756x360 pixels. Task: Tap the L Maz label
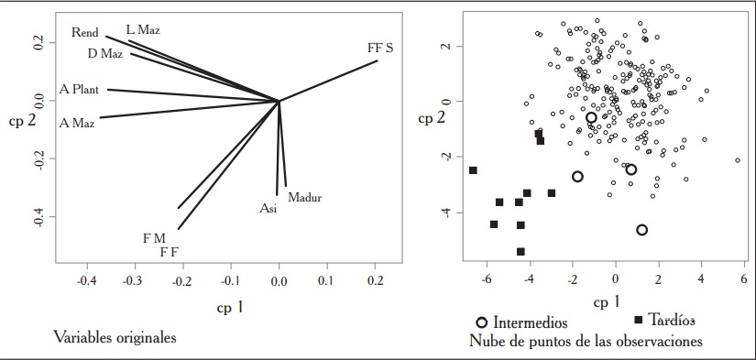click(143, 30)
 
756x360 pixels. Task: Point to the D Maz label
click(105, 53)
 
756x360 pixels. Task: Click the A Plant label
click(79, 90)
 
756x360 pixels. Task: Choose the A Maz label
click(76, 122)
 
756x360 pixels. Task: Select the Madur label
click(305, 197)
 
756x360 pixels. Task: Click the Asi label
click(268, 209)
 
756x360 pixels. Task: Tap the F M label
click(154, 238)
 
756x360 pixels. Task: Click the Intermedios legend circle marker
click(482, 322)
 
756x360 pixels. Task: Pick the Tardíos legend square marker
click(638, 319)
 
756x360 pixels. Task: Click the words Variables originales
click(115, 337)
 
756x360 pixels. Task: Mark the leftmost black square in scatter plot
click(473, 170)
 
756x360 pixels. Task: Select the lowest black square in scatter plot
click(520, 251)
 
